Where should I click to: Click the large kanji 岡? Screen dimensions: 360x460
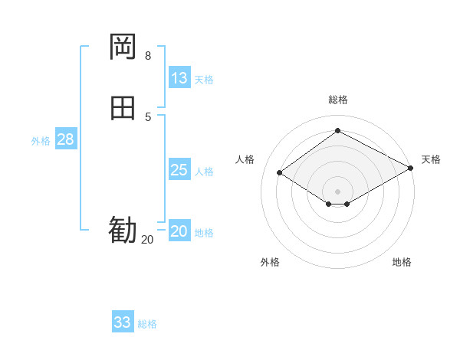tap(123, 47)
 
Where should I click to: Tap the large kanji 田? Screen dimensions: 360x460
tap(123, 108)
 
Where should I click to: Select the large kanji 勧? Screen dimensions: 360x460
tap(123, 229)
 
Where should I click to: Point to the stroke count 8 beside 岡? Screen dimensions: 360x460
tap(148, 56)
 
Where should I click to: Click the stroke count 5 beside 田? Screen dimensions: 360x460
tap(148, 116)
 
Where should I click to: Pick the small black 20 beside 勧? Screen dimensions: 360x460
tap(147, 240)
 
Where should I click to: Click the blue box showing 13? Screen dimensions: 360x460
tap(179, 78)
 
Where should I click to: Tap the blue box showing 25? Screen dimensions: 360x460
tap(179, 170)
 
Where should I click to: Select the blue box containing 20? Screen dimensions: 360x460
tap(179, 231)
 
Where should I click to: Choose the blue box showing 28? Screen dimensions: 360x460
tap(65, 139)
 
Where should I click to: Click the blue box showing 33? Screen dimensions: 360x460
tap(123, 322)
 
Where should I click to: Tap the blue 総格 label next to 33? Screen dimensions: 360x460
tap(147, 324)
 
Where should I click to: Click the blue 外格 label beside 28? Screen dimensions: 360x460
tap(41, 141)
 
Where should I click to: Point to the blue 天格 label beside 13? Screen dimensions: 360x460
tap(204, 80)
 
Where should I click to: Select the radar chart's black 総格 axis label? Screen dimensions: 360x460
tap(337, 100)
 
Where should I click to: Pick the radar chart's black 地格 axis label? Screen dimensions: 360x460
tap(402, 263)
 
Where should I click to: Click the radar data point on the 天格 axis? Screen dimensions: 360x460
tap(411, 169)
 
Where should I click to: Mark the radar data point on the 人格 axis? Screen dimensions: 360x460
tap(280, 173)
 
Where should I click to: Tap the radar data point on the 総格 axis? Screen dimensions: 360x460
tap(337, 131)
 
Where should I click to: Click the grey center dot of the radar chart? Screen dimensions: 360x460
tap(337, 191)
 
